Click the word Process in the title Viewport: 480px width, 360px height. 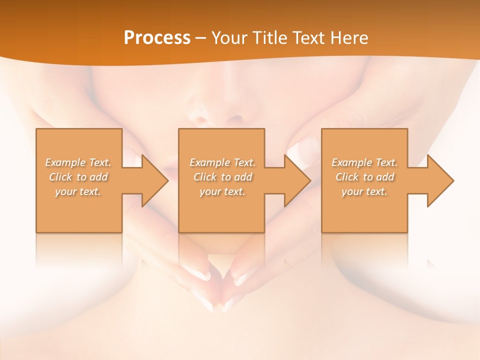pyautogui.click(x=157, y=38)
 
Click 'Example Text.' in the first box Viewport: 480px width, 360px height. pyautogui.click(x=78, y=162)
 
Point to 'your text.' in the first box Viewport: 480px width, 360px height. pyautogui.click(x=78, y=191)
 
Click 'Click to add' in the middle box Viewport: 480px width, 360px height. pyautogui.click(x=222, y=177)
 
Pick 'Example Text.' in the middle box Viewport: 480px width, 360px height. pyautogui.click(x=222, y=162)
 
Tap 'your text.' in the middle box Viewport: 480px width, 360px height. pyautogui.click(x=222, y=191)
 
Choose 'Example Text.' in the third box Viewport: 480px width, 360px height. pyautogui.click(x=364, y=162)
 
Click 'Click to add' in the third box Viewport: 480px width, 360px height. pyautogui.click(x=364, y=177)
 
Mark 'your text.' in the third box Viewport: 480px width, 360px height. pyautogui.click(x=364, y=191)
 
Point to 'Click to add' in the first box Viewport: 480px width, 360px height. pyautogui.click(x=78, y=177)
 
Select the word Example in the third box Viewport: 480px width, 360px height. pyautogui.click(x=351, y=162)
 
